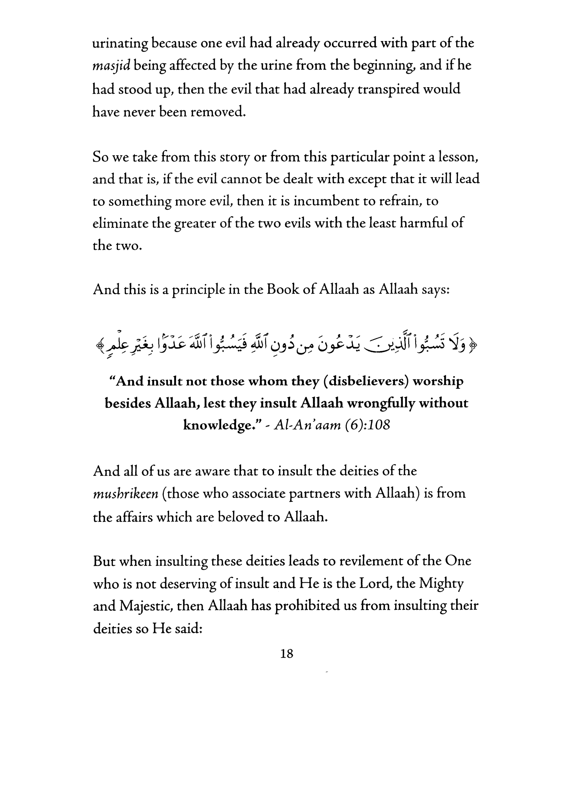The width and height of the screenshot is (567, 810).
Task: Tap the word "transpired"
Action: click(389, 89)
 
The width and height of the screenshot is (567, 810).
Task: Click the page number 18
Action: click(287, 654)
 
